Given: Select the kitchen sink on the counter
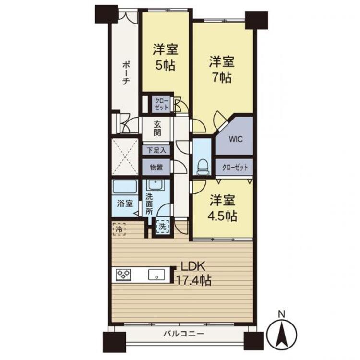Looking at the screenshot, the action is coord(156,275).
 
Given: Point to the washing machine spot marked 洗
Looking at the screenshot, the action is coord(163,227).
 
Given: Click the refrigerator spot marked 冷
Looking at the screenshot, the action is coord(119,228).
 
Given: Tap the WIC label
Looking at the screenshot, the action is coord(236,139).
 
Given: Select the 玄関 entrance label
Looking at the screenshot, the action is coord(157,128).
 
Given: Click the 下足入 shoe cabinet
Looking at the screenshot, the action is coord(156,150).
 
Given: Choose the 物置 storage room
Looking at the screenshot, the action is coord(156,167).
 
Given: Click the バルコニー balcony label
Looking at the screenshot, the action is coord(183,334).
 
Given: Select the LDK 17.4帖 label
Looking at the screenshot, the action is coord(193,274).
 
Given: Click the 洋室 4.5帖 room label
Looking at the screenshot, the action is coord(222,208).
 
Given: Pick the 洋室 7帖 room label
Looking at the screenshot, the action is coord(221,69).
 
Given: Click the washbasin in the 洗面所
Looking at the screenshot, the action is coord(156,185).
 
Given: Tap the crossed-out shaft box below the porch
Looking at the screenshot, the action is coord(125,157).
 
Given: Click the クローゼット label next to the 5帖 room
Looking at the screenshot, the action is coord(162,104).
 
